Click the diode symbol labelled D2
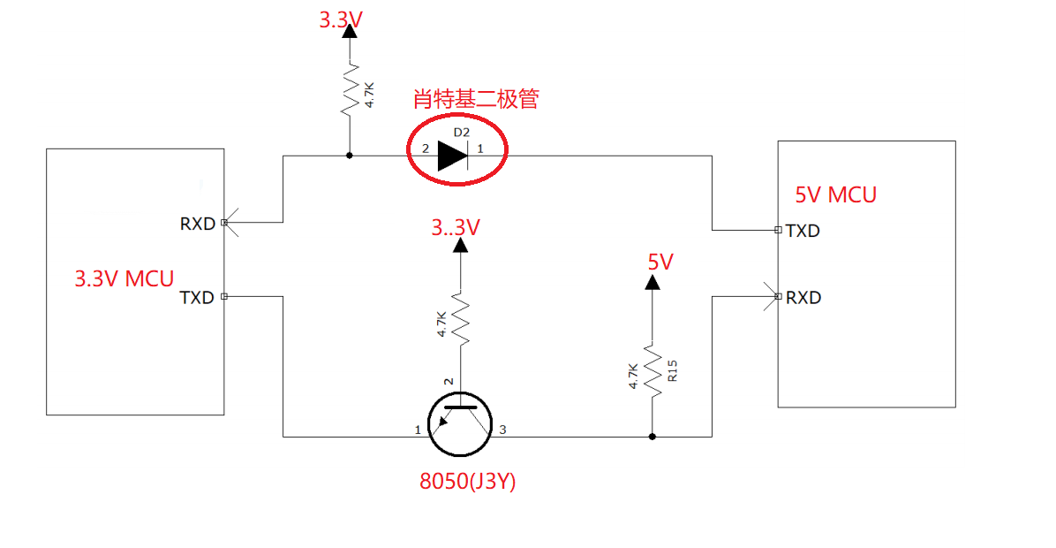tap(453, 156)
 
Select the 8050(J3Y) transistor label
tap(467, 482)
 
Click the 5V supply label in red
tap(660, 262)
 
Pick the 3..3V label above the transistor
tap(456, 228)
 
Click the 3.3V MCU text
tap(124, 279)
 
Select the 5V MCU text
tap(835, 195)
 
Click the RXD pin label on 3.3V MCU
tap(198, 224)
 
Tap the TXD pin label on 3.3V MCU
tap(197, 298)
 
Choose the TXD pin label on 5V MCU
tap(803, 232)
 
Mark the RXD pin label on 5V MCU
tap(803, 298)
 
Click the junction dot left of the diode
tap(350, 156)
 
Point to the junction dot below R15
tap(652, 436)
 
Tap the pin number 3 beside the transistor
tap(503, 430)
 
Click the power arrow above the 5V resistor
tap(652, 282)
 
